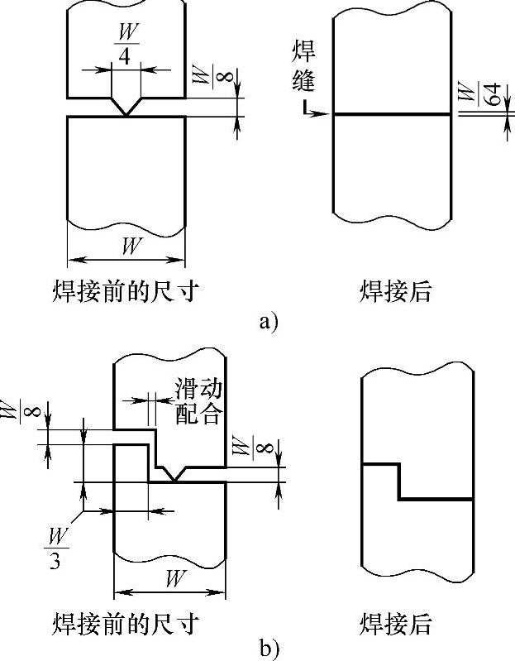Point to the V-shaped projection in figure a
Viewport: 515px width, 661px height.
[x=126, y=108]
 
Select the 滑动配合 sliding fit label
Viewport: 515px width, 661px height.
[x=198, y=401]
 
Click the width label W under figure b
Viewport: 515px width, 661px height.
[x=173, y=578]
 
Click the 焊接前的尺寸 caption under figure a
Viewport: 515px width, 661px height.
[x=123, y=291]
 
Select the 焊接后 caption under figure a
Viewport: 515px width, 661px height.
[x=396, y=291]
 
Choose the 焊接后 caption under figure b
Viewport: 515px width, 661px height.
[x=396, y=621]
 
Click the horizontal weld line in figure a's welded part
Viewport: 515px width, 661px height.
[x=392, y=114]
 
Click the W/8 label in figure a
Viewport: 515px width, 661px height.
[x=203, y=80]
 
